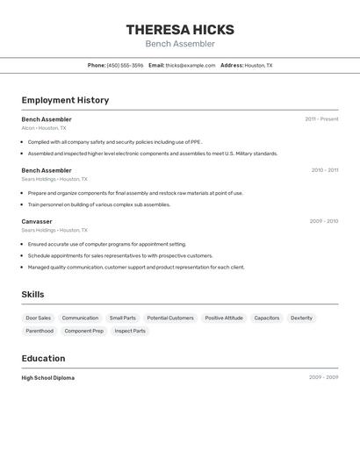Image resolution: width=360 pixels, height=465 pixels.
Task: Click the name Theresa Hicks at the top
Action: click(180, 29)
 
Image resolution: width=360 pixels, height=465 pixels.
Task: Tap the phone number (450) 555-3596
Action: click(125, 65)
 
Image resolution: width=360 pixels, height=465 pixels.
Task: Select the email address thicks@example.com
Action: click(191, 65)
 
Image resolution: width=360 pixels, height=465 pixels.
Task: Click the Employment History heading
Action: click(65, 100)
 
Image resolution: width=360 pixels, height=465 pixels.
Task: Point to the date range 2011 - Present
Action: click(321, 119)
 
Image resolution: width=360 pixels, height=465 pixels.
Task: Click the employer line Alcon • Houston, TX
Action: click(44, 128)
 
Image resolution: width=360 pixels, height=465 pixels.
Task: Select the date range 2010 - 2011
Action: click(324, 170)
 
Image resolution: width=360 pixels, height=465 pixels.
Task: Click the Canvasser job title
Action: click(37, 221)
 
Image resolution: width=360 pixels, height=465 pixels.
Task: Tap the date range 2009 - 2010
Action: click(324, 221)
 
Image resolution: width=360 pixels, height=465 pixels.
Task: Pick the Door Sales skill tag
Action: click(38, 318)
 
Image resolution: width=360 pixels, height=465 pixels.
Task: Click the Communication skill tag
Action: click(80, 318)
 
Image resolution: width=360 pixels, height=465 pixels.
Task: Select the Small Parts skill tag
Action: click(123, 318)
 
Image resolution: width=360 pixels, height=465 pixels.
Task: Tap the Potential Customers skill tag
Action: click(170, 318)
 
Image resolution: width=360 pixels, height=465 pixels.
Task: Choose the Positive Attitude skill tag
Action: click(224, 318)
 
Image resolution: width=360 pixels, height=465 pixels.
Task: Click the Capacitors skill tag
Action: click(267, 318)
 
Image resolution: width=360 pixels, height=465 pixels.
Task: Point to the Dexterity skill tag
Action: click(301, 318)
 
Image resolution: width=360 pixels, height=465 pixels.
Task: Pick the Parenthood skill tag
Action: click(40, 331)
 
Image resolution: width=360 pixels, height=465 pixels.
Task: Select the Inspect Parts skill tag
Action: click(130, 331)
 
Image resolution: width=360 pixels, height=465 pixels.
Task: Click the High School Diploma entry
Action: click(48, 378)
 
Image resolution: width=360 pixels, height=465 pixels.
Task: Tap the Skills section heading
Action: click(32, 295)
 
